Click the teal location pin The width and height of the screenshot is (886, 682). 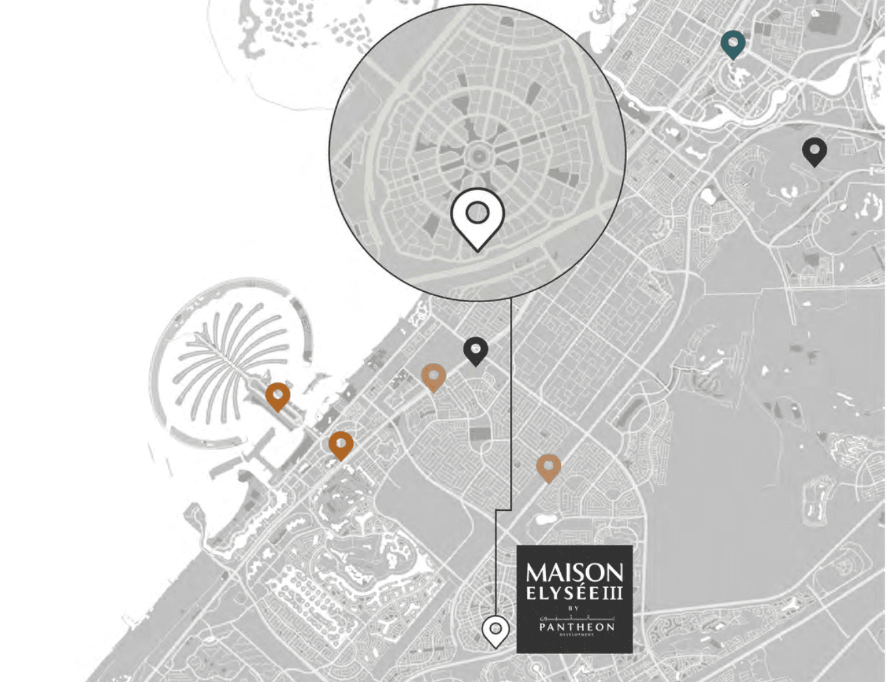point(733,43)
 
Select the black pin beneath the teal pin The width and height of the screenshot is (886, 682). point(814,151)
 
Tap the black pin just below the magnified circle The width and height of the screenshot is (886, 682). point(476,350)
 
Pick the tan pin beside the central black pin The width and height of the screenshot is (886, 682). point(433,376)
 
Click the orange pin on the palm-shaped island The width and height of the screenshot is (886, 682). point(277,396)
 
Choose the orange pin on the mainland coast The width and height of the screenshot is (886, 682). point(341,444)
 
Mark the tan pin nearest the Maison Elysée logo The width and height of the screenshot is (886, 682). point(549,467)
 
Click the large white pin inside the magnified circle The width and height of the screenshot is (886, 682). point(478,215)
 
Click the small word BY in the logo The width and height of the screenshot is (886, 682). point(573,608)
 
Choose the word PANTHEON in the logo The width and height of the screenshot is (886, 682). point(576,627)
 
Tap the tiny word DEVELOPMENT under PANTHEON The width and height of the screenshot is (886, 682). point(576,635)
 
